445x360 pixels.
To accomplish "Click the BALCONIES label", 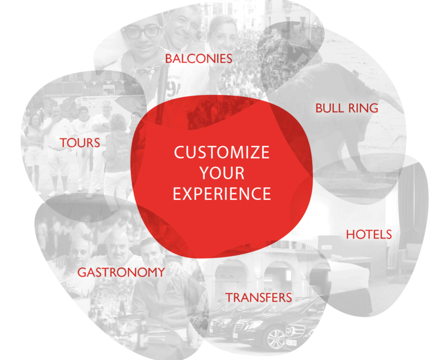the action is point(199,59).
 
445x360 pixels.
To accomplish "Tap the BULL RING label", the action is point(347,108).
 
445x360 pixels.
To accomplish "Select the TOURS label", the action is point(80,143).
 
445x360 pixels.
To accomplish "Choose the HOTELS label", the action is point(369,235).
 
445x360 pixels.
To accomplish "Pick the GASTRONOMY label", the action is point(121,272).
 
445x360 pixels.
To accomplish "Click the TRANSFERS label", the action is point(259,297).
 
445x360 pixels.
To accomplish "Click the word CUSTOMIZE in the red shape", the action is point(222,152).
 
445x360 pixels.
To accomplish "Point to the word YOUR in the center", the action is point(222,173).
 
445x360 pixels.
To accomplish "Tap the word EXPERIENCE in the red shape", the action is point(222,194).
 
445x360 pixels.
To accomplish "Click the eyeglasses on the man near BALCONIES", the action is point(142,32).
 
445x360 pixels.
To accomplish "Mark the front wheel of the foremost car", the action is point(275,338).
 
